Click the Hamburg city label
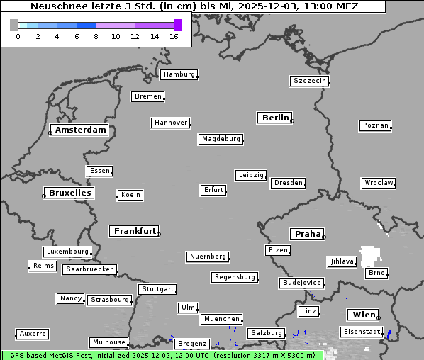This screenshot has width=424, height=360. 178,74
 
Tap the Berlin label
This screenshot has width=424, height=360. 275,118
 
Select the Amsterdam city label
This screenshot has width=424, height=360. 80,130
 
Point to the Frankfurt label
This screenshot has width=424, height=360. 135,231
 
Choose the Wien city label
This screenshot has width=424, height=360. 362,315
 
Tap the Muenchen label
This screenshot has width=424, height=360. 221,319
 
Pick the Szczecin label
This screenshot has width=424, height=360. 310,81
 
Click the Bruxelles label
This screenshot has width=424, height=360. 69,193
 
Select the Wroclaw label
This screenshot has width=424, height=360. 379,183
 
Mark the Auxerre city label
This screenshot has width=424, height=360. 33,333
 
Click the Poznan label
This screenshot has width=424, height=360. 375,125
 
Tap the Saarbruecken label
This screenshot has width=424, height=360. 89,269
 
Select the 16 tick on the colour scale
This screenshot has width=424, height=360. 174,37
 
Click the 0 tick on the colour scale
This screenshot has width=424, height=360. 18,37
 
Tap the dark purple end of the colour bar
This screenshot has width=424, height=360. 177,25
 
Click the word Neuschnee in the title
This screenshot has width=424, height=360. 55,6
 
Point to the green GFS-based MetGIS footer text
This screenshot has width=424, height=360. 162,355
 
